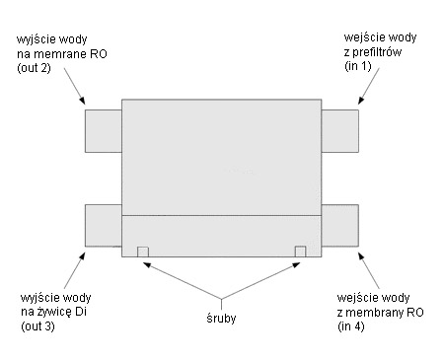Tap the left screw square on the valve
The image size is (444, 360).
click(143, 252)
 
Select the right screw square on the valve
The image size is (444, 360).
click(301, 252)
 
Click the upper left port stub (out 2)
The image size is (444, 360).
click(103, 128)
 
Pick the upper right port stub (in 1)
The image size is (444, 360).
click(340, 128)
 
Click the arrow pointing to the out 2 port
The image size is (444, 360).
click(78, 92)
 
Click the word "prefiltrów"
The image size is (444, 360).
click(373, 53)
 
